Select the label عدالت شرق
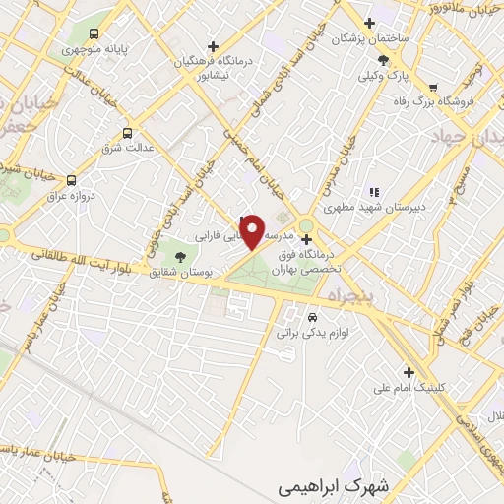[x=126, y=150]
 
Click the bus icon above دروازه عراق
[x=71, y=180]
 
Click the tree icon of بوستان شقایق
[x=179, y=257]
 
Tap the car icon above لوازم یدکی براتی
[x=312, y=318]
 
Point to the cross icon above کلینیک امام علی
[x=409, y=371]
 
